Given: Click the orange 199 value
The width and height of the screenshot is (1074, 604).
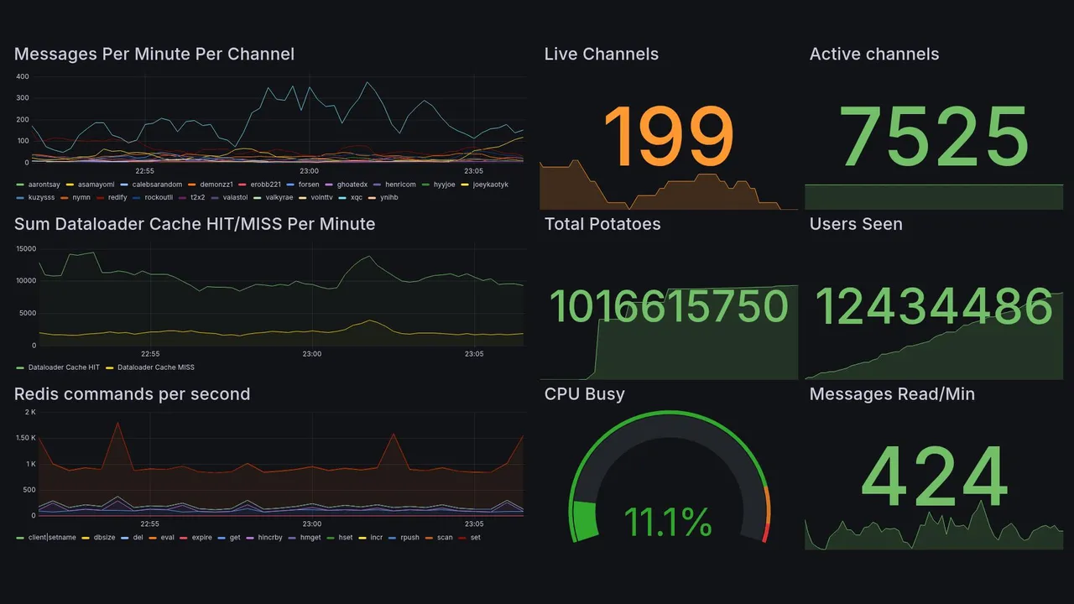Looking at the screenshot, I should [x=668, y=136].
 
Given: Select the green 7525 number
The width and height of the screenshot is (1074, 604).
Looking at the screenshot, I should [x=934, y=136].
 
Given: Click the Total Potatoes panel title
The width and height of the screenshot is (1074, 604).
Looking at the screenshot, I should [x=602, y=224].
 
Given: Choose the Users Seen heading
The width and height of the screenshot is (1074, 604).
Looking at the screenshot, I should [x=855, y=224].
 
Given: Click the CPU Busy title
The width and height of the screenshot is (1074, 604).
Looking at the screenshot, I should [x=584, y=394].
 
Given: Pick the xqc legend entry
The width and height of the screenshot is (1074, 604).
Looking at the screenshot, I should [x=357, y=198].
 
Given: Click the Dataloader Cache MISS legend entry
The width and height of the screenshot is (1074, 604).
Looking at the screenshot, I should [x=155, y=367].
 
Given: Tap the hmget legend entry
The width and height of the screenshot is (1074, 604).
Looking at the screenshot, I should [x=310, y=537].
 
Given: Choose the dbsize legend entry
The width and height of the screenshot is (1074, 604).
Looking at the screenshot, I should [x=104, y=537].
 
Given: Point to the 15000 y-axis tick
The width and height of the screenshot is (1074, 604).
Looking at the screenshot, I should [x=25, y=248].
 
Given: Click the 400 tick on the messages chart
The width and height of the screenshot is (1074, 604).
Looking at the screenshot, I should [x=23, y=76].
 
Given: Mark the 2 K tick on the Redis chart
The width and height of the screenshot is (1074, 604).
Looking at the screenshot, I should [x=29, y=412].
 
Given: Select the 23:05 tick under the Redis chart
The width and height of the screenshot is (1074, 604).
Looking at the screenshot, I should [x=474, y=524].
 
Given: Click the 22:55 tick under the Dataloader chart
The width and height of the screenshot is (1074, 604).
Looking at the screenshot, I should [x=149, y=354].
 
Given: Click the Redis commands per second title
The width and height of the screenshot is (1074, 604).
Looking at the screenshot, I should [x=132, y=394].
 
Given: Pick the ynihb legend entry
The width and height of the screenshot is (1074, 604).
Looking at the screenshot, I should [x=388, y=198].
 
